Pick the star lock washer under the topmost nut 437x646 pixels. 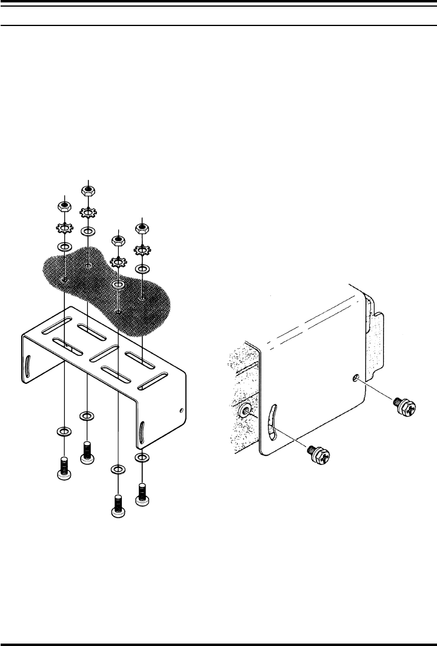(x=88, y=213)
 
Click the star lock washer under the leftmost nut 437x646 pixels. (x=64, y=229)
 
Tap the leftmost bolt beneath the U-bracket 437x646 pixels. (x=64, y=468)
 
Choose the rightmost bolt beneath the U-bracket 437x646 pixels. (x=142, y=492)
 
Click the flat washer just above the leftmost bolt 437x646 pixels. (x=64, y=432)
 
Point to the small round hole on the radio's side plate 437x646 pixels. (x=355, y=379)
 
